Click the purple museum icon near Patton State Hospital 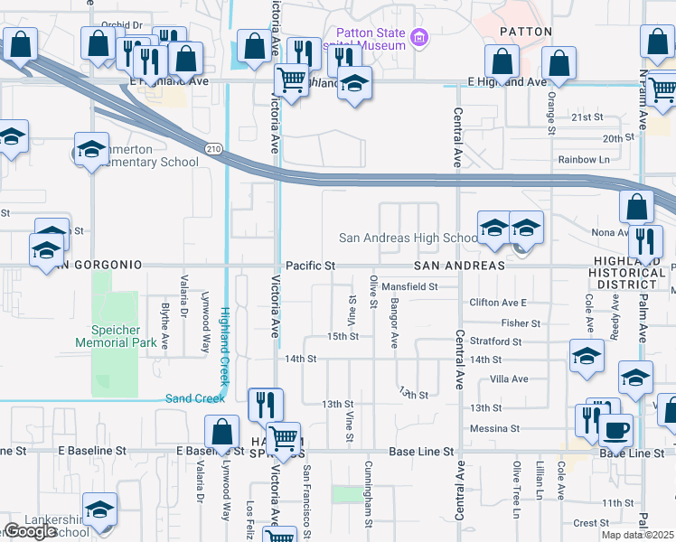[418, 38]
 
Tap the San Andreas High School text [408, 238]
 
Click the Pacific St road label [310, 266]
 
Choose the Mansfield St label [408, 286]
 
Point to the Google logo [30, 530]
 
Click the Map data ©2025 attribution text [636, 535]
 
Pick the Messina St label [493, 428]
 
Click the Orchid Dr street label [123, 24]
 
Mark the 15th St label [343, 336]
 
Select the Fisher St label [520, 322]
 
